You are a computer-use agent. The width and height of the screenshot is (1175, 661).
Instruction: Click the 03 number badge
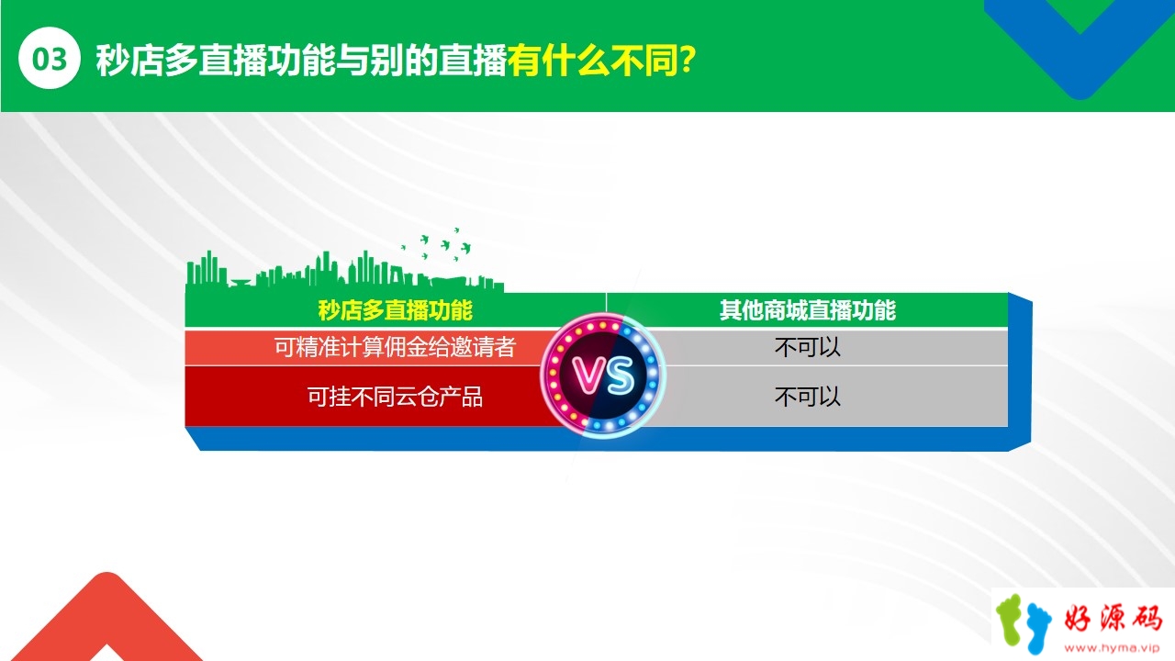click(x=50, y=58)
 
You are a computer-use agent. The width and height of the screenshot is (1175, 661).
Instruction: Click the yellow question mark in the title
click(x=687, y=60)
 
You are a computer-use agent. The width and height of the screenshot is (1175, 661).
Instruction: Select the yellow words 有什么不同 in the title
click(x=593, y=61)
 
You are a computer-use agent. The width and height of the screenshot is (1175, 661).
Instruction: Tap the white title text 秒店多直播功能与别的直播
click(x=301, y=61)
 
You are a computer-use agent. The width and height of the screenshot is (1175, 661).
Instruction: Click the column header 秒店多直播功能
click(x=396, y=310)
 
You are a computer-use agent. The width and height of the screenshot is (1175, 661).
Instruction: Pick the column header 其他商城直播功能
click(x=807, y=310)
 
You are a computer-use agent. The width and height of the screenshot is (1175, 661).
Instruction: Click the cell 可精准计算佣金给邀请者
click(x=395, y=347)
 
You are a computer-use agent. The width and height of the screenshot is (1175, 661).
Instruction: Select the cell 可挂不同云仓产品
click(x=395, y=397)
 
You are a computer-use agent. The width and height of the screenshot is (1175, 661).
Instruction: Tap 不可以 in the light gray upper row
click(x=807, y=347)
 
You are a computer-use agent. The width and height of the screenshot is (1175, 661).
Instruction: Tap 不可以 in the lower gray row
click(x=807, y=397)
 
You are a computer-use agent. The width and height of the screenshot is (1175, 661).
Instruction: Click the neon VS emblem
click(x=603, y=375)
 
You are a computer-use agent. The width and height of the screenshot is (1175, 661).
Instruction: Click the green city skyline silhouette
click(x=344, y=271)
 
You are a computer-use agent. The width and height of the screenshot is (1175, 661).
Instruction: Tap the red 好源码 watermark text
click(x=1113, y=619)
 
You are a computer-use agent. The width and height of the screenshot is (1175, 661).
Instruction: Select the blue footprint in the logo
click(x=1038, y=630)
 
